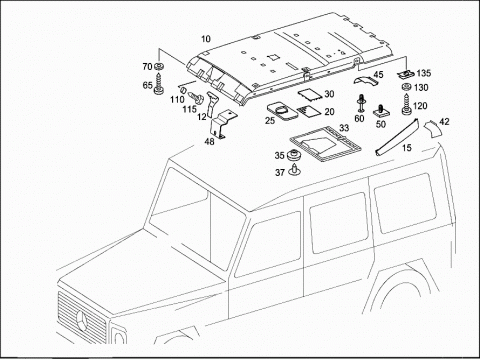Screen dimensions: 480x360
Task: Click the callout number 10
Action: pos(206,39)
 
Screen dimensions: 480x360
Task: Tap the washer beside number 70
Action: pos(159,66)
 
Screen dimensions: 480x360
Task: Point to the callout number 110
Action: pos(177,99)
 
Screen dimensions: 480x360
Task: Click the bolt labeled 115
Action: pos(198,98)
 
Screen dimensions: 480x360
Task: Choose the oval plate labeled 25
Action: pos(282,111)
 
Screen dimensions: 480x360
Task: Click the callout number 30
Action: pos(329,94)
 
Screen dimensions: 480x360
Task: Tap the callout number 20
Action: pos(329,112)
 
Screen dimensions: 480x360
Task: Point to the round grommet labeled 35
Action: pos(294,155)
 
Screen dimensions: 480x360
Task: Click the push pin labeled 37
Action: pos(294,170)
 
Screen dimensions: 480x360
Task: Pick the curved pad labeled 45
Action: pos(364,80)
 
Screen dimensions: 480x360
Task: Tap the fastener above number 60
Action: pos(361,103)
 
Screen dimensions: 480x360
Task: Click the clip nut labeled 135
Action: pos(406,74)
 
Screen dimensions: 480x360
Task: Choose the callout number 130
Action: pos(421,88)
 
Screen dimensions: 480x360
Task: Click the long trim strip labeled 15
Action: pos(397,137)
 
